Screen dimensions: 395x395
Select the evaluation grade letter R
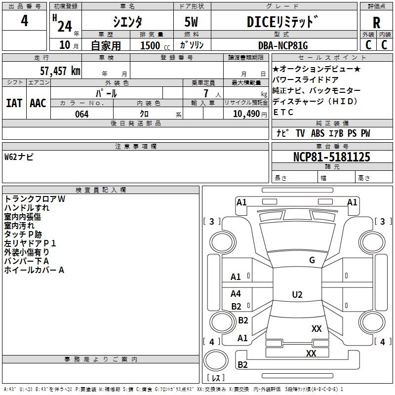[x=377, y=23]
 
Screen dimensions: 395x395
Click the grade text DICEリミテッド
[x=282, y=22]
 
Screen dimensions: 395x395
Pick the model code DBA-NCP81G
[x=283, y=45]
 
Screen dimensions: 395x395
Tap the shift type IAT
[x=14, y=103]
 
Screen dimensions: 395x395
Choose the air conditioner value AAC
[x=38, y=103]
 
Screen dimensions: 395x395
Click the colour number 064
[x=81, y=114]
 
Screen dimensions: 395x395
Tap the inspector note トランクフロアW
[x=35, y=198]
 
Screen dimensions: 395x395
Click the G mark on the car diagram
[x=312, y=260]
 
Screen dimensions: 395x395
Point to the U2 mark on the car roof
[x=297, y=295]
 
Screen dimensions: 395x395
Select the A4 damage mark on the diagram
[x=236, y=294]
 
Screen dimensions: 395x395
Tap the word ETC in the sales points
[x=283, y=112]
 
